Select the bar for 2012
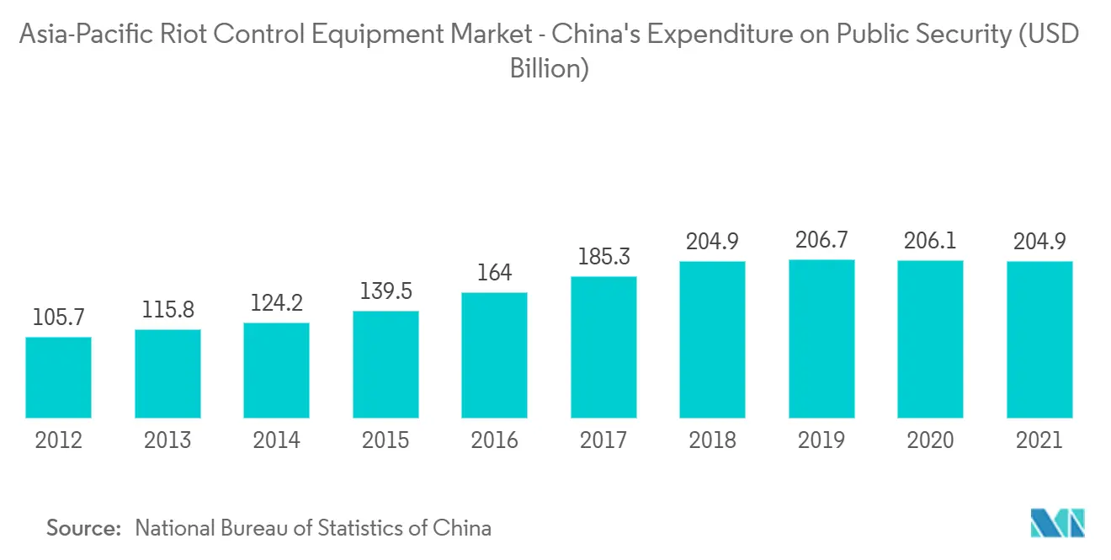pyautogui.click(x=58, y=377)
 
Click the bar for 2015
pyautogui.click(x=385, y=365)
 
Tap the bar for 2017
pyautogui.click(x=603, y=347)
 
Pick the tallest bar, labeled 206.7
pyautogui.click(x=821, y=339)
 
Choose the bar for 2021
pyautogui.click(x=1039, y=339)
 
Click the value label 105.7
pyautogui.click(x=58, y=317)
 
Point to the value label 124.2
pyautogui.click(x=277, y=302)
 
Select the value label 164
pyautogui.click(x=495, y=273)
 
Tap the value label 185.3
pyautogui.click(x=603, y=257)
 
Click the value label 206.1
pyautogui.click(x=931, y=241)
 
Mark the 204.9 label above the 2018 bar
pyautogui.click(x=713, y=242)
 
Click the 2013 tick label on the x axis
pyautogui.click(x=167, y=440)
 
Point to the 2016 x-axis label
pyautogui.click(x=495, y=440)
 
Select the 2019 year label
pyautogui.click(x=821, y=440)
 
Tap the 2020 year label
pyautogui.click(x=931, y=440)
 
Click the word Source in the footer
pyautogui.click(x=83, y=529)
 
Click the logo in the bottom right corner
pyautogui.click(x=1058, y=524)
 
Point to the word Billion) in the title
pyautogui.click(x=549, y=68)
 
